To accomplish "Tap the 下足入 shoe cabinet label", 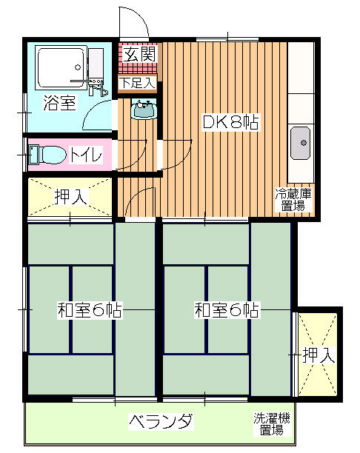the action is click(138, 83).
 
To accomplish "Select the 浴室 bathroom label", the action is click(59, 103).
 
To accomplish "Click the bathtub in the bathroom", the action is click(61, 68).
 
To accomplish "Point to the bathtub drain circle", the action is click(78, 67).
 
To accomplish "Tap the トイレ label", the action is click(87, 155).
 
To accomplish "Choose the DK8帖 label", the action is click(230, 122).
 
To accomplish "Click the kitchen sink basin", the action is click(301, 143).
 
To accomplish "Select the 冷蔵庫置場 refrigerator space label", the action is click(293, 200).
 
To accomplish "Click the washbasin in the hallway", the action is click(144, 109).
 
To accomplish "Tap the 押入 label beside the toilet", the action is click(71, 197).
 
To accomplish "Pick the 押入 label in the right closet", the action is click(319, 355).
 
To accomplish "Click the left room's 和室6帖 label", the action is click(90, 310).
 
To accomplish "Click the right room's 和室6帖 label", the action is click(227, 310).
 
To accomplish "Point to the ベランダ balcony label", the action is click(161, 422).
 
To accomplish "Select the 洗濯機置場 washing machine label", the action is click(272, 424).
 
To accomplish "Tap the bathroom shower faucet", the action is click(95, 86).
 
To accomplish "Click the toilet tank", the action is click(33, 155).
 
